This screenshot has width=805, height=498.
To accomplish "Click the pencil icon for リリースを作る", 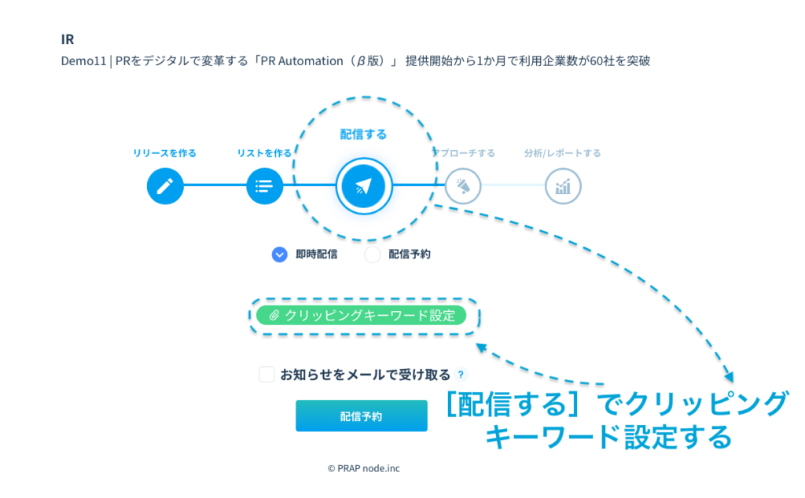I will tap(165, 187).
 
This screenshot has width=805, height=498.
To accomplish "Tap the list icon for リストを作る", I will tap(264, 187).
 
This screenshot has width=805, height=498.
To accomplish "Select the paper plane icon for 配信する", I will tap(363, 187).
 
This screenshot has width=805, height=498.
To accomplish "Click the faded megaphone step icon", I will tap(463, 187).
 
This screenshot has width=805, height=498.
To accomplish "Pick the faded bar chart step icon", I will tap(563, 187).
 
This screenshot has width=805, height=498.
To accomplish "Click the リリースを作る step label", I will tap(165, 153).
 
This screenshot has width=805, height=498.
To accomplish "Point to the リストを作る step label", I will tap(264, 153).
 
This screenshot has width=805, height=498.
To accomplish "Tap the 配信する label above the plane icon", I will tap(363, 134).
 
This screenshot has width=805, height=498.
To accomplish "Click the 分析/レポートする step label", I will tap(563, 153).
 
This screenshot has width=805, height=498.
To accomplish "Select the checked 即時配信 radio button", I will tap(280, 254).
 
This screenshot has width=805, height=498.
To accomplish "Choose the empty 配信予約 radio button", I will tap(373, 254).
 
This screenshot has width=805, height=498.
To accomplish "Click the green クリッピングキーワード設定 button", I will tap(362, 316).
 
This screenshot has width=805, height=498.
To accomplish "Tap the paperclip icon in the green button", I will tap(274, 316).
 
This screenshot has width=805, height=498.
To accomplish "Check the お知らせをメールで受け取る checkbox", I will tap(267, 375).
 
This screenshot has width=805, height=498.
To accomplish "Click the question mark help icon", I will tap(461, 375).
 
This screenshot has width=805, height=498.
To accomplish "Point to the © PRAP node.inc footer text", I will tap(363, 468).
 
